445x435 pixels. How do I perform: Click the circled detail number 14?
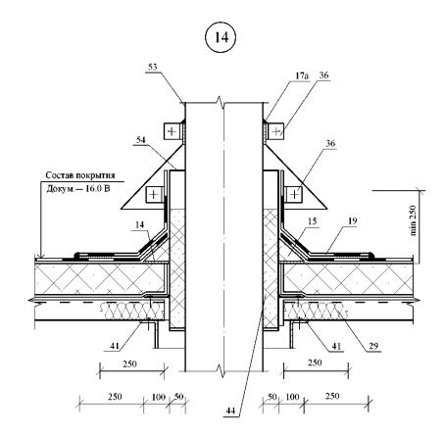(x=222, y=37)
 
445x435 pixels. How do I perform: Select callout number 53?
(x=153, y=67)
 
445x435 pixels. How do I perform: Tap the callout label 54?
(x=141, y=140)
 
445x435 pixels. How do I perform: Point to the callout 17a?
(x=302, y=75)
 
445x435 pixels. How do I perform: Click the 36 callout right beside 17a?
(x=323, y=75)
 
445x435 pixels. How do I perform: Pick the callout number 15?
(x=312, y=221)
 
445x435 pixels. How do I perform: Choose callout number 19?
(x=352, y=221)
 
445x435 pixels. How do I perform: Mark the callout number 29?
(x=373, y=346)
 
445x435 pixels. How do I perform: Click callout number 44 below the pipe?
(x=230, y=411)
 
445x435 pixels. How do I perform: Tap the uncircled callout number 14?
(x=139, y=225)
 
